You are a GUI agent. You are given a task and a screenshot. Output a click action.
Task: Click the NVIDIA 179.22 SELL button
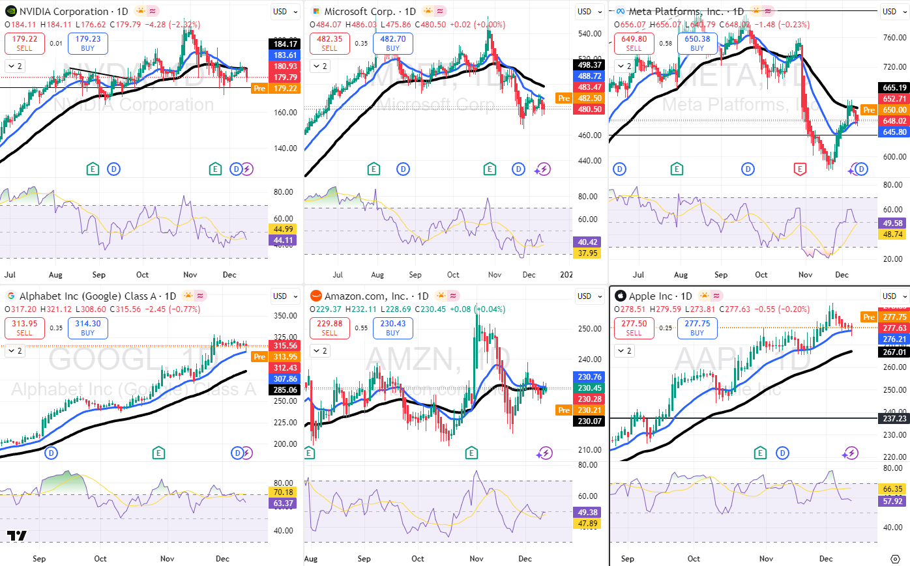pyautogui.click(x=24, y=43)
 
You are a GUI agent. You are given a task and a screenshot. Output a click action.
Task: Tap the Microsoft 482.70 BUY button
pyautogui.click(x=392, y=43)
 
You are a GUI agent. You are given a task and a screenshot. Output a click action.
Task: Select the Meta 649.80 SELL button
pyautogui.click(x=634, y=43)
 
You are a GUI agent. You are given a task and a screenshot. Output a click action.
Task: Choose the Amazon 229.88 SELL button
pyautogui.click(x=329, y=328)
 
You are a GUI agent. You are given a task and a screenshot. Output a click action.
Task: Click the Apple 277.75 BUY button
pyautogui.click(x=697, y=328)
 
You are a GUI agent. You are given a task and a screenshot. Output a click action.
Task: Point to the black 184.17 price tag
pyautogui.click(x=285, y=44)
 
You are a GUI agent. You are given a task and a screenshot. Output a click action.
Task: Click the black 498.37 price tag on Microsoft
pyautogui.click(x=589, y=64)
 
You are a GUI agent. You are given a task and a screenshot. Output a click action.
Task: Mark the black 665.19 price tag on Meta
pyautogui.click(x=894, y=87)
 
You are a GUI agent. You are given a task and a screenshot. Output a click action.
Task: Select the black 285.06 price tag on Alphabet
pyautogui.click(x=285, y=390)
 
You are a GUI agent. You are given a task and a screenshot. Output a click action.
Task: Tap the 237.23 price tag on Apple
pyautogui.click(x=894, y=418)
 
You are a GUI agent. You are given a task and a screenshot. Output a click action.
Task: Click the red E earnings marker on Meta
pyautogui.click(x=800, y=169)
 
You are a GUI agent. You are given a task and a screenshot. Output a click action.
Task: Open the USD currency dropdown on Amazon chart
pyautogui.click(x=589, y=296)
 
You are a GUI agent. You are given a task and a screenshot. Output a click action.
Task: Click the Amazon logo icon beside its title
pyautogui.click(x=316, y=296)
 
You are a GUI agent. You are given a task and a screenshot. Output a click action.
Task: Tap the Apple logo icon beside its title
pyautogui.click(x=620, y=296)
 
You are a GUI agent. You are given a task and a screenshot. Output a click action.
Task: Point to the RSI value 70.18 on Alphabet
pyautogui.click(x=283, y=492)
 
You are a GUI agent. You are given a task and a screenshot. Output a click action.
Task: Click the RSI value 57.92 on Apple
pyautogui.click(x=892, y=501)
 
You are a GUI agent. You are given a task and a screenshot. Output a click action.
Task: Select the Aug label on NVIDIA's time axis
pyautogui.click(x=55, y=275)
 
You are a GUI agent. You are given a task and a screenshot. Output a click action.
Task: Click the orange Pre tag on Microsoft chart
pyautogui.click(x=563, y=98)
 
